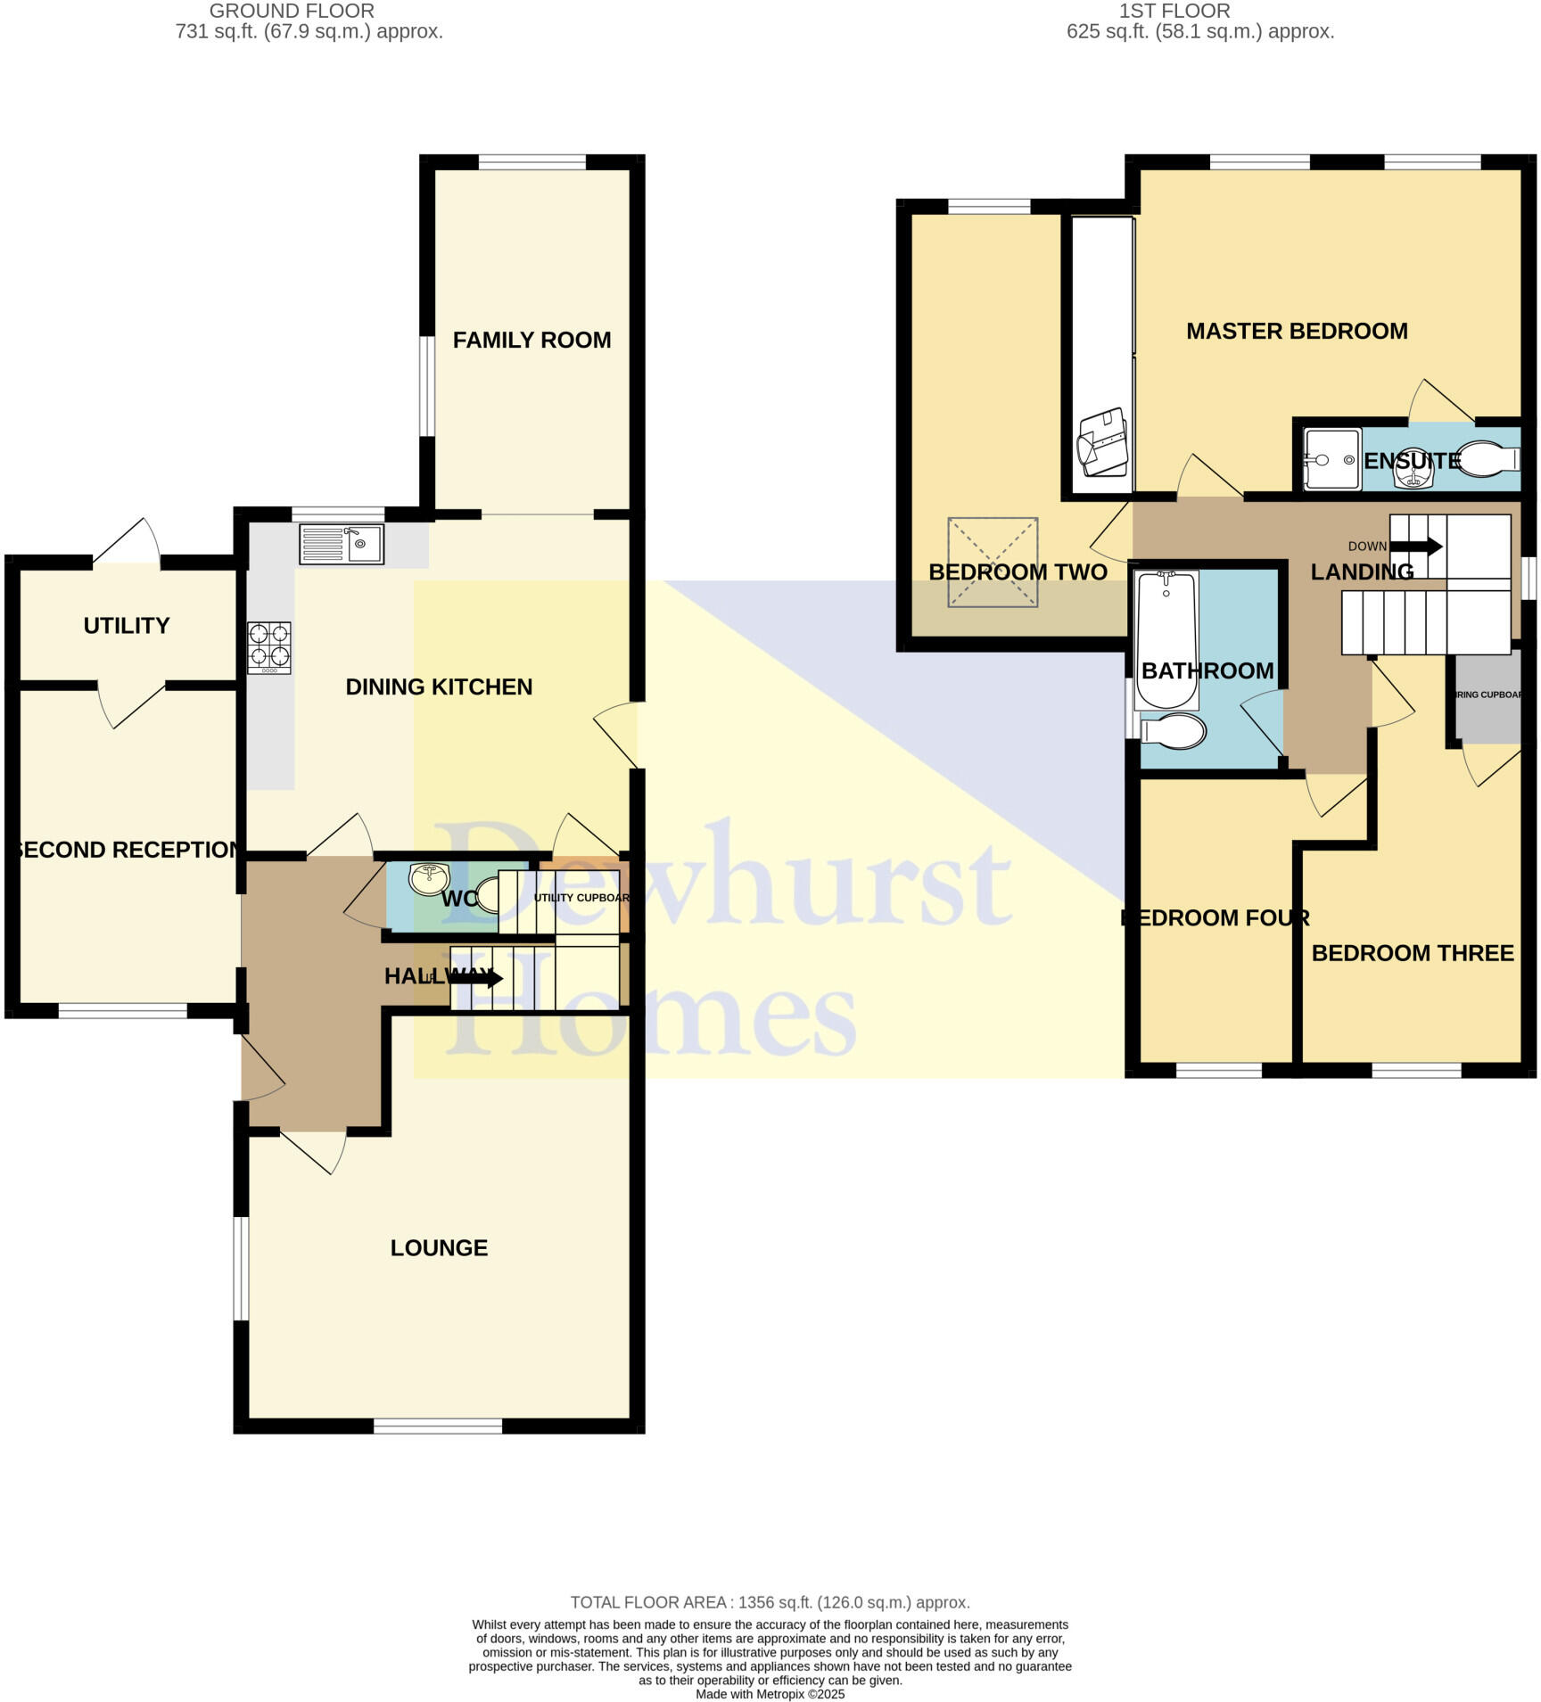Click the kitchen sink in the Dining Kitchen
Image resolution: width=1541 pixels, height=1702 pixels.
[x=342, y=544]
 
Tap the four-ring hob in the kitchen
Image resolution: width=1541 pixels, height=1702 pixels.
[x=269, y=646]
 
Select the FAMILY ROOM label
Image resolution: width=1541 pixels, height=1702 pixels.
[x=532, y=340]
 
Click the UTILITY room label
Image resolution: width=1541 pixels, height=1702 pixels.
[x=127, y=625]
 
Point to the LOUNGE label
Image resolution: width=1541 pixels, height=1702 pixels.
[x=439, y=1247]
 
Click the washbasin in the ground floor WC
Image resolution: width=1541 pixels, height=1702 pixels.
[x=428, y=878]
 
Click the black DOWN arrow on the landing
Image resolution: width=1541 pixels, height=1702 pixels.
[x=1416, y=547]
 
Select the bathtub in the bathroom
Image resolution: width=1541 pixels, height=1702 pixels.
[x=1166, y=639]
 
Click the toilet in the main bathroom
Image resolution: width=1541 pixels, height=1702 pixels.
[x=1174, y=732]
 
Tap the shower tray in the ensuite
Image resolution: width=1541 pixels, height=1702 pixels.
[x=1332, y=459]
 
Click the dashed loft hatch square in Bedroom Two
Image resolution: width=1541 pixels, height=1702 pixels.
[x=993, y=562]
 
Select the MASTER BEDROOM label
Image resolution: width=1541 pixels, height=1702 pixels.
[x=1297, y=331]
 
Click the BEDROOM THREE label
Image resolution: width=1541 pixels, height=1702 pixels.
[x=1413, y=953]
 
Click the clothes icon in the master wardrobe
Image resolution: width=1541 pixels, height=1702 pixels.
[x=1103, y=442]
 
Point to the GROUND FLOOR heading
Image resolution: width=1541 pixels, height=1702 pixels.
[x=292, y=11]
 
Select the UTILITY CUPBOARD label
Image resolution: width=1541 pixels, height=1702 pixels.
[x=581, y=897]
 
